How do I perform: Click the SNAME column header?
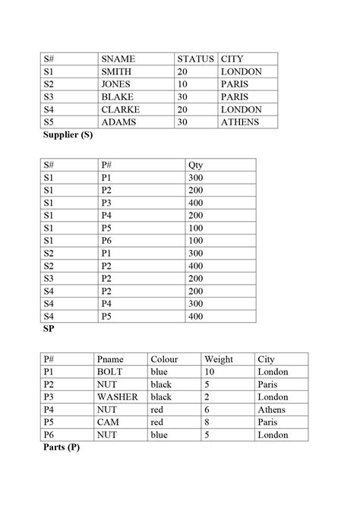117,58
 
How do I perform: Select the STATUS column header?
196,58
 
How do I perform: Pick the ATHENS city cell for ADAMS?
240,121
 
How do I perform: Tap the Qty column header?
195,164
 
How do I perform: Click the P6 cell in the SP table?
107,241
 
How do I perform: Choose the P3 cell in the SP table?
107,202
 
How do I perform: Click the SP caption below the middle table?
49,330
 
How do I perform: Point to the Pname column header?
111,359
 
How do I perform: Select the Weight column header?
219,359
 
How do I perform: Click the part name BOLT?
111,372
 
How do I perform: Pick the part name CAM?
107,422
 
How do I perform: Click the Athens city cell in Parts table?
272,410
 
